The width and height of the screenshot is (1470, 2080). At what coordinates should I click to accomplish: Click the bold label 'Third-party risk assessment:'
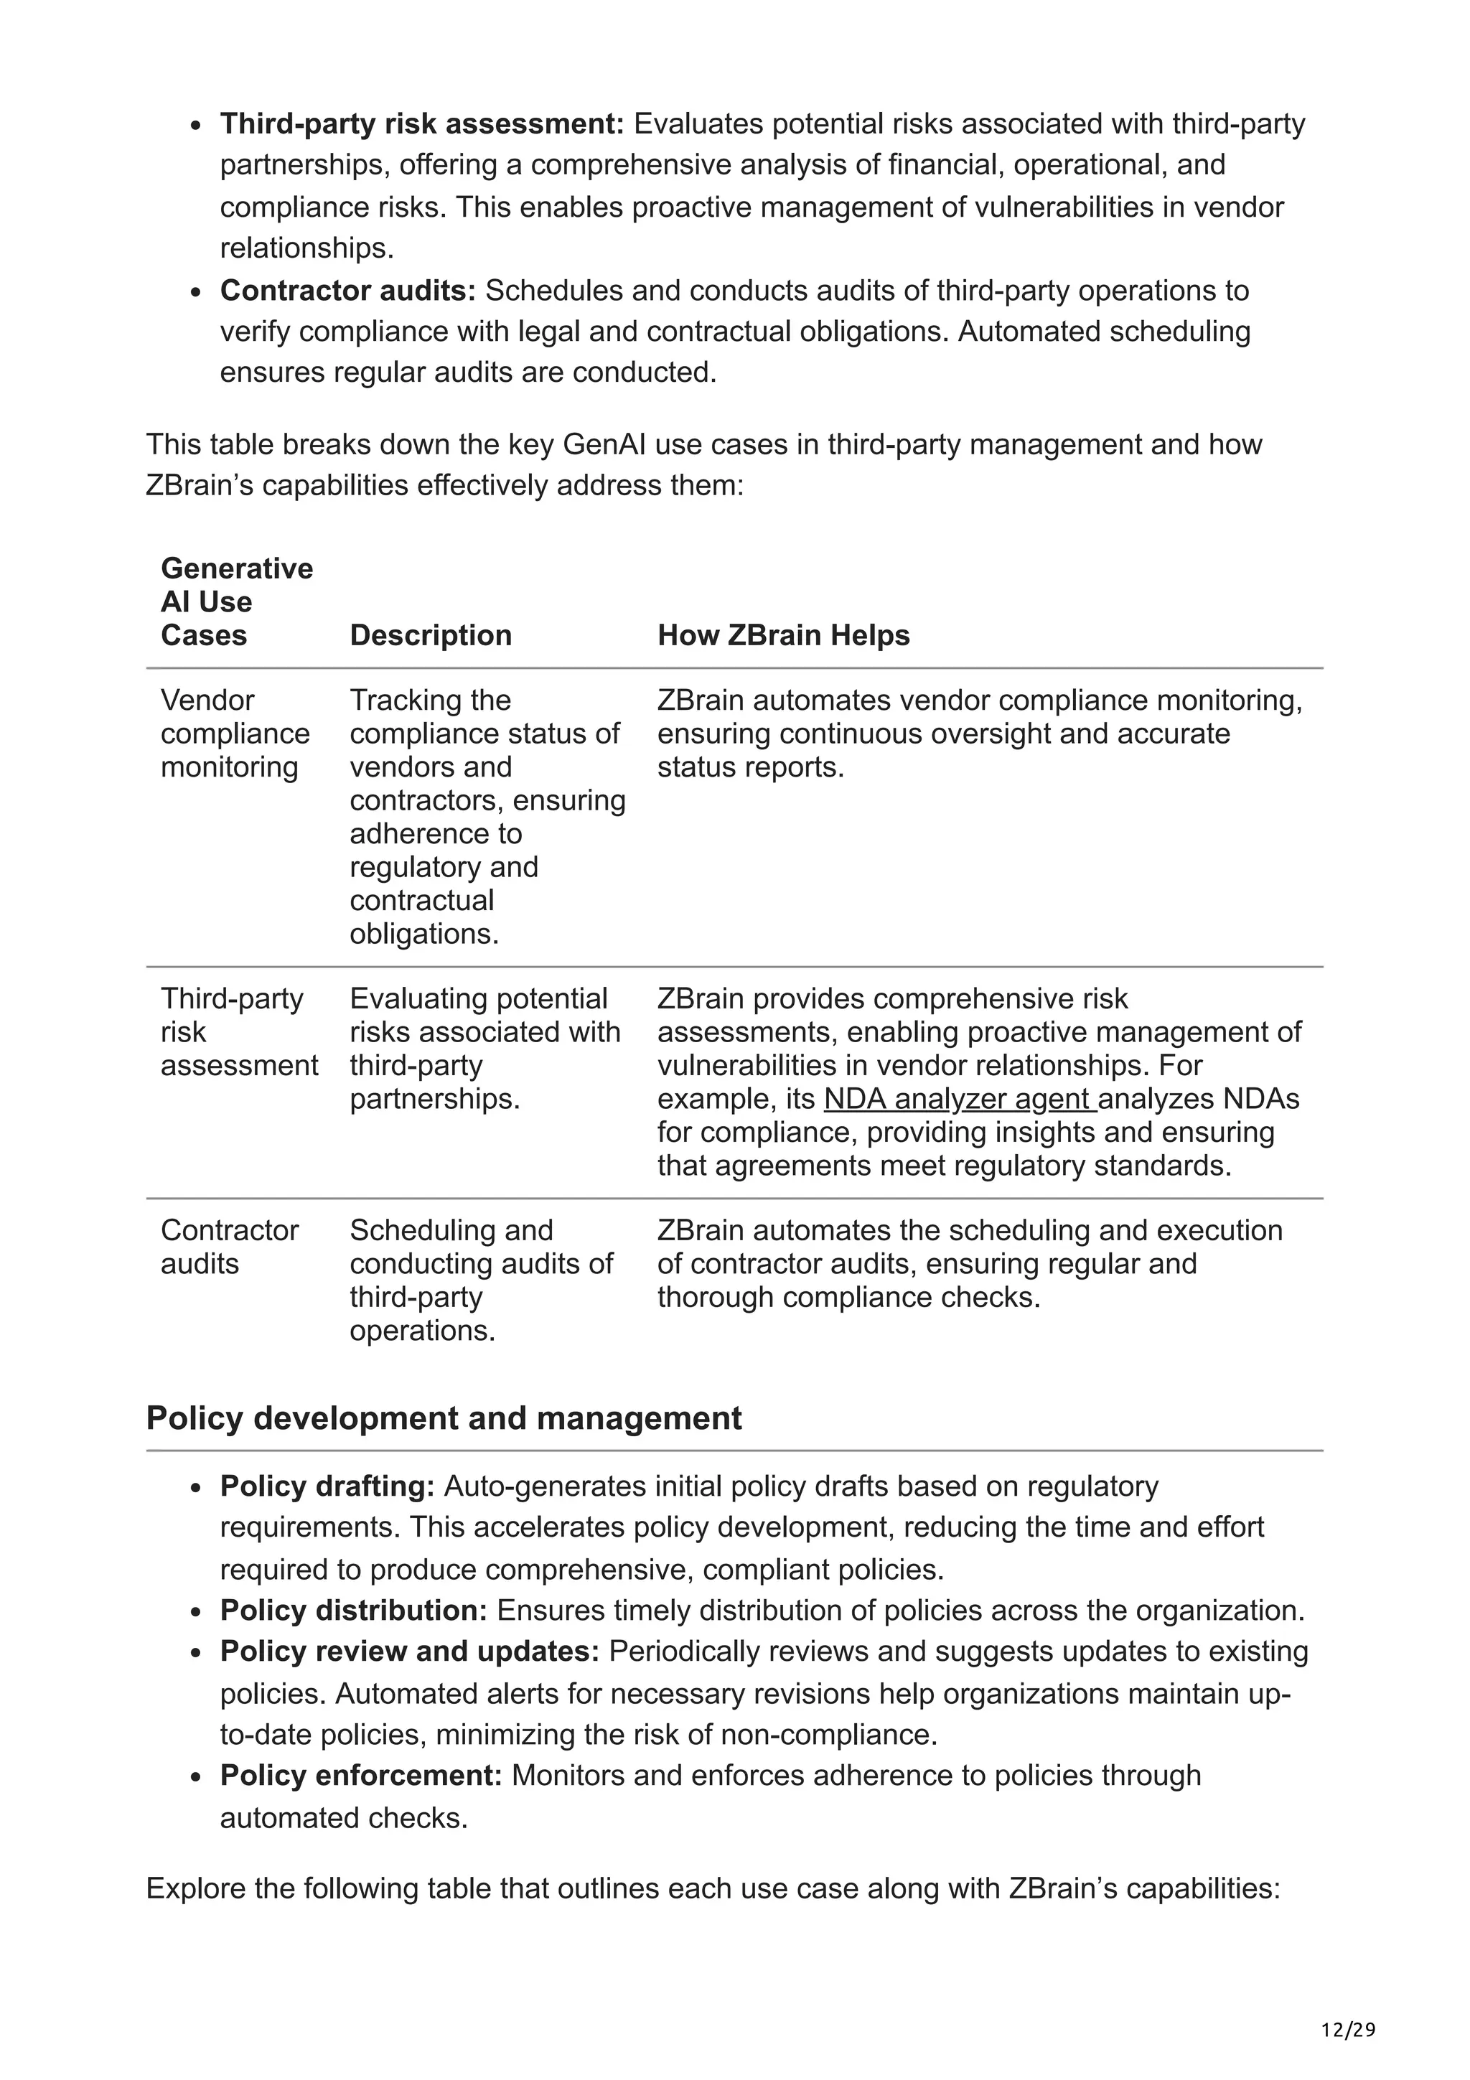point(421,123)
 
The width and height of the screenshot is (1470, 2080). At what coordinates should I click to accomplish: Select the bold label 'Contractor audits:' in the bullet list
point(348,290)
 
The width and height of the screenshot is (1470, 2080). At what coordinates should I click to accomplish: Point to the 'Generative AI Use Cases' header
point(236,601)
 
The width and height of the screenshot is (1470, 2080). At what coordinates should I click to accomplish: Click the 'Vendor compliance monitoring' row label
point(235,733)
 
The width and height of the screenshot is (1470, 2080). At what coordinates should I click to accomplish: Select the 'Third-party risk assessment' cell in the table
point(239,1032)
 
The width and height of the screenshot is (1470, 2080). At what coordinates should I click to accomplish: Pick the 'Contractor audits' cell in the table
point(229,1247)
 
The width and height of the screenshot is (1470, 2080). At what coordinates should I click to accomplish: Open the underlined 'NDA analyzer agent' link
point(958,1099)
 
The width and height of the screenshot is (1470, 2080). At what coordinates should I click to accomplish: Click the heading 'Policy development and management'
point(443,1418)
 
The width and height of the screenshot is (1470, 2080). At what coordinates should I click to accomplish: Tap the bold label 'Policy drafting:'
point(328,1486)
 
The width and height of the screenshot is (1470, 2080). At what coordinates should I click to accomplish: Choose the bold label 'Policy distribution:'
point(353,1610)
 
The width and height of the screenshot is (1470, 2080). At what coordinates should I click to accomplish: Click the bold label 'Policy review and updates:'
point(409,1652)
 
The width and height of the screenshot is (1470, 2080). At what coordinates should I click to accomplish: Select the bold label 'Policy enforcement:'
point(360,1775)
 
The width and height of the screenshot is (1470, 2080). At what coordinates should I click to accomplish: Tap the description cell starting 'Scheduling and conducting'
point(481,1280)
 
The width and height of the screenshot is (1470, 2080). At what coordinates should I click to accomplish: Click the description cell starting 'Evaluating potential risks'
point(484,1048)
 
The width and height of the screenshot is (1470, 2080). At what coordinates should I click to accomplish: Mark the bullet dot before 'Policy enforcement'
point(196,1776)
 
